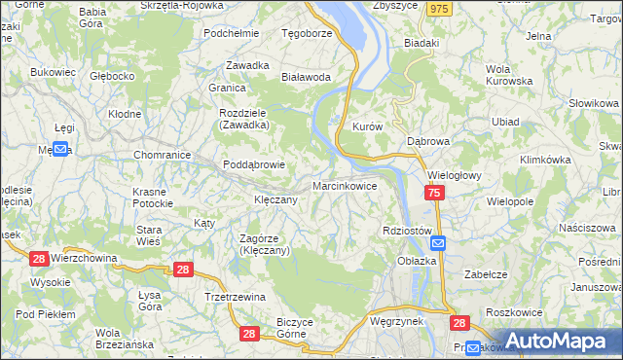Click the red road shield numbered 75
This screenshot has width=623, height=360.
pyautogui.click(x=434, y=195)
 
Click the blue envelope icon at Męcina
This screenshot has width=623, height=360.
pyautogui.click(x=59, y=149)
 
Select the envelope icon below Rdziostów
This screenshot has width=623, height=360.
pyautogui.click(x=438, y=244)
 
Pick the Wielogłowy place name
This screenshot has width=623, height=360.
pyautogui.click(x=454, y=176)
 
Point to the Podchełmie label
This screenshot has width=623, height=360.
pyautogui.click(x=231, y=32)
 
